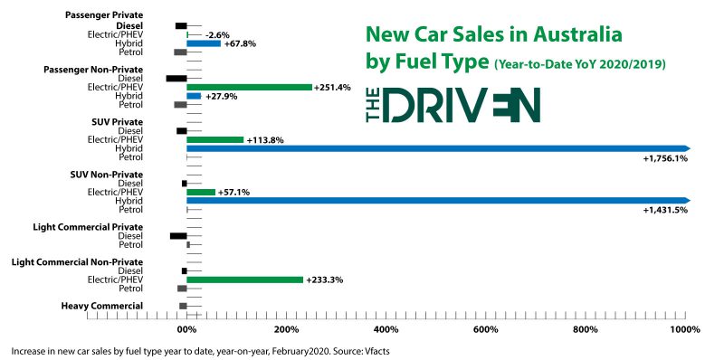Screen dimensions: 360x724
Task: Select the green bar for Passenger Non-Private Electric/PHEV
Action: click(x=249, y=87)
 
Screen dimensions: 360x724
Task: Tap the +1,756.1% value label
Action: click(x=665, y=158)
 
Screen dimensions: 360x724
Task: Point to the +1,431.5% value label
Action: click(x=665, y=210)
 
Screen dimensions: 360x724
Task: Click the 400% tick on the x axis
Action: click(x=386, y=318)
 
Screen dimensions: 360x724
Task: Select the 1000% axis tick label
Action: click(x=684, y=328)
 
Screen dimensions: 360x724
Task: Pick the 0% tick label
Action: click(x=186, y=328)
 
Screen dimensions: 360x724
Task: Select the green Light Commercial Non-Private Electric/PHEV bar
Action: click(x=244, y=279)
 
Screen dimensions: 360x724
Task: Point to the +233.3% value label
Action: click(x=325, y=279)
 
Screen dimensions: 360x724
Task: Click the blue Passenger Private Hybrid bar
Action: click(x=204, y=43)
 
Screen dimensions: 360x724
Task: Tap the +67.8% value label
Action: click(x=240, y=43)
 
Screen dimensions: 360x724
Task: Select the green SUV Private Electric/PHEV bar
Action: click(x=214, y=139)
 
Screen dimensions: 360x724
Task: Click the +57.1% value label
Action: click(x=234, y=192)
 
